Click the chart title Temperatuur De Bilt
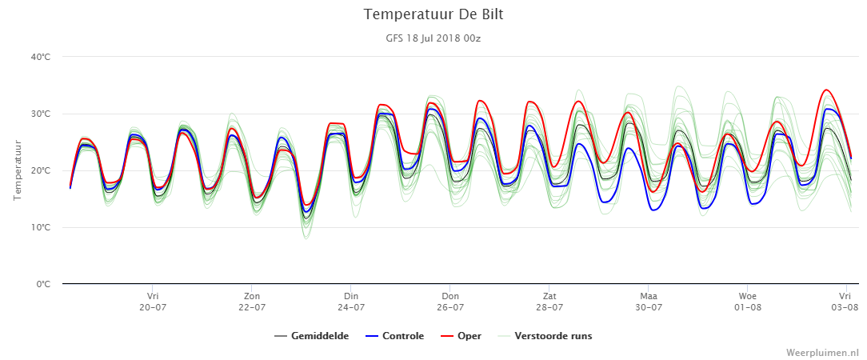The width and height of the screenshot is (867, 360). pos(433,14)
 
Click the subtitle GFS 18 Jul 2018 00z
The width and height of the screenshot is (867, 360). pos(433,38)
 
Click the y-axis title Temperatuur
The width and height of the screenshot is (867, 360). pos(18,170)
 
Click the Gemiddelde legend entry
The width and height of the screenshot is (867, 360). pos(312,336)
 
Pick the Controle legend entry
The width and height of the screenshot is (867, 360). pos(395,336)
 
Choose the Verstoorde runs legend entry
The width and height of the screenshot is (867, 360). pos(545,336)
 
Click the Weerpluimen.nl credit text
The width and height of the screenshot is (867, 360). pos(823,352)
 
